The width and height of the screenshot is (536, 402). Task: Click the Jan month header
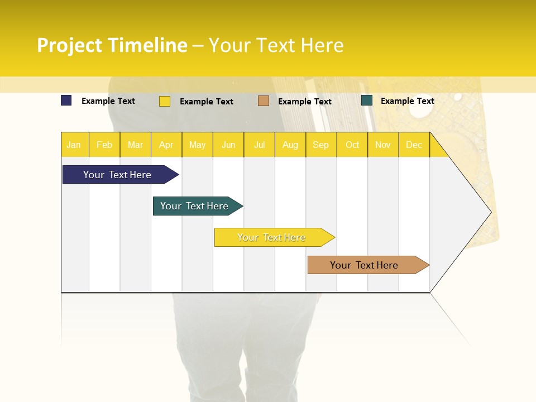(74, 145)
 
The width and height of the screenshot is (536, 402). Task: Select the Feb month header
(104, 145)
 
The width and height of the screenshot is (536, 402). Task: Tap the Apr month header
(166, 145)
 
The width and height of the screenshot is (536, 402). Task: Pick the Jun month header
(228, 145)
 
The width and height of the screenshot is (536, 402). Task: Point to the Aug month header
(290, 145)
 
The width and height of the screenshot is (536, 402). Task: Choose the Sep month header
(320, 145)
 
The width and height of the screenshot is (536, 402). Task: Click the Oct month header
(352, 145)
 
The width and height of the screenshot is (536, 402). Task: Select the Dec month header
(414, 145)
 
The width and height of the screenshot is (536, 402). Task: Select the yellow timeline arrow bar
(272, 237)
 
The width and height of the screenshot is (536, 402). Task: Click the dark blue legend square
(66, 100)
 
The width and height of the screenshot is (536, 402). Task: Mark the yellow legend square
(165, 101)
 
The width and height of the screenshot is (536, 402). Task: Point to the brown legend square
(264, 101)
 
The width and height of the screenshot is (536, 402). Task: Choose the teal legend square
(367, 100)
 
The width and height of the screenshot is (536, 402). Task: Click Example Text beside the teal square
(407, 101)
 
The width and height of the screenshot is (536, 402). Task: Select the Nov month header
(383, 145)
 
